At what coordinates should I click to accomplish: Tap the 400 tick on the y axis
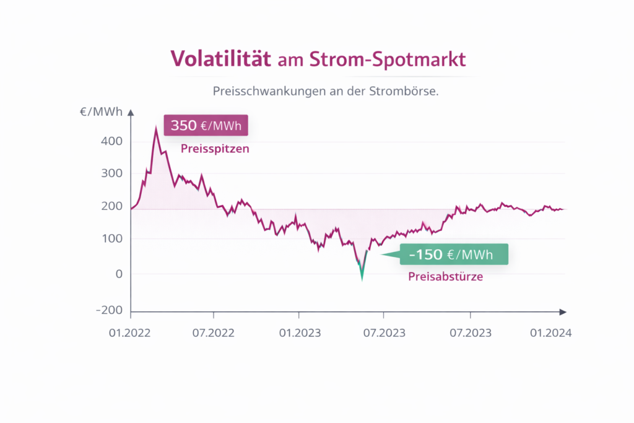click(x=111, y=141)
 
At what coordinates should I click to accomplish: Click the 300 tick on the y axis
click(x=111, y=174)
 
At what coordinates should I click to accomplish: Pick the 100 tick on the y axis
click(x=111, y=239)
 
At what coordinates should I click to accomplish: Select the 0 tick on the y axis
click(x=119, y=274)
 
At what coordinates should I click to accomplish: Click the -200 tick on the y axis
click(x=109, y=310)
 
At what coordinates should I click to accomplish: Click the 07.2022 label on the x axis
click(x=212, y=333)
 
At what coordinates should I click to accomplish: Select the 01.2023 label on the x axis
click(x=300, y=333)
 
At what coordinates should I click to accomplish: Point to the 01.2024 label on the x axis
click(x=550, y=333)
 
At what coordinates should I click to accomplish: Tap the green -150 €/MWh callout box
click(x=453, y=254)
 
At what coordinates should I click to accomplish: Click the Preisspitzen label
click(x=215, y=149)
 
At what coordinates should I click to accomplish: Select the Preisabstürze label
click(x=445, y=277)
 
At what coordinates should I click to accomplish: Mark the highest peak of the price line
click(x=156, y=128)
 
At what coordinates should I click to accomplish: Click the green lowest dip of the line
click(x=362, y=278)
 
